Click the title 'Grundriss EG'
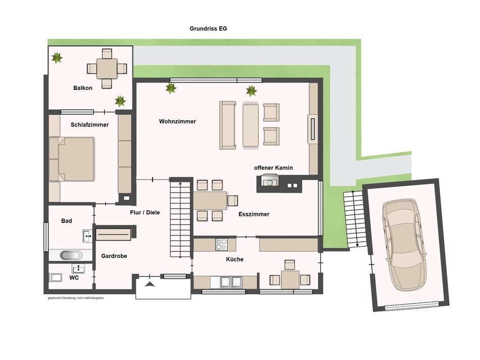point(208,29)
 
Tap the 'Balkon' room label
point(82,88)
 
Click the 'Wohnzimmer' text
point(177,121)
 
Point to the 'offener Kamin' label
point(273,167)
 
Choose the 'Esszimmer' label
point(254,214)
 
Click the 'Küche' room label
point(234,259)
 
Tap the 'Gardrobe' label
point(114,256)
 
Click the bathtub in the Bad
point(70,255)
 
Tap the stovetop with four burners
point(221,244)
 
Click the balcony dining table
point(107,68)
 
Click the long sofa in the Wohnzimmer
point(227,125)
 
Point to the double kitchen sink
point(231,281)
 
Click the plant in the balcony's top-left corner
point(57,58)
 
